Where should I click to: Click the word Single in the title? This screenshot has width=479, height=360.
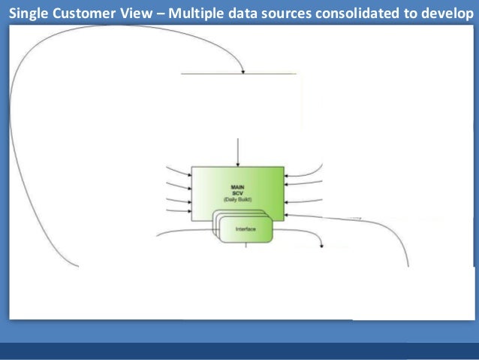click(x=29, y=11)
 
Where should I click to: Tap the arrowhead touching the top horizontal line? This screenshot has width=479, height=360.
click(x=243, y=71)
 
